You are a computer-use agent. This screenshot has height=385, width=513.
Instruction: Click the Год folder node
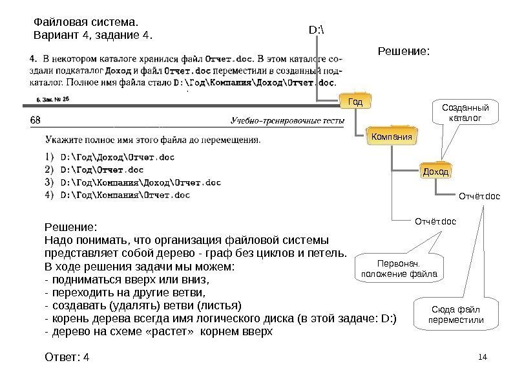click(356, 102)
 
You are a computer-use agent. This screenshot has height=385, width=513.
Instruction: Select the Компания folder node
click(390, 137)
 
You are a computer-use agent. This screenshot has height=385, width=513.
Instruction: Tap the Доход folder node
click(435, 171)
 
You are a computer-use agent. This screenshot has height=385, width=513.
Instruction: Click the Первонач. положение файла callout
click(397, 269)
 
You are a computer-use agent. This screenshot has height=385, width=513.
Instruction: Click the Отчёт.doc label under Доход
click(479, 195)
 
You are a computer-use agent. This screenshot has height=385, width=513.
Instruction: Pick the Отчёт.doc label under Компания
click(435, 222)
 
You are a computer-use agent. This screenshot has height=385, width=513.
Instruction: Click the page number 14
click(481, 357)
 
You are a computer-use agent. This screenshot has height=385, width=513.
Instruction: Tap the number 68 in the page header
click(36, 120)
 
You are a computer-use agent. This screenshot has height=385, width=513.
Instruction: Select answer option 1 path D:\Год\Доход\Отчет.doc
click(117, 156)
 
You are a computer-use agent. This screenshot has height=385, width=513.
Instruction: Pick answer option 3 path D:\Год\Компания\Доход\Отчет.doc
click(140, 182)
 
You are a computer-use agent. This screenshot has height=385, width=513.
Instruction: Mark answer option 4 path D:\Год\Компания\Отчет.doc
click(125, 194)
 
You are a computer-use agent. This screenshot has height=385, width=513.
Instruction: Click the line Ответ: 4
click(67, 357)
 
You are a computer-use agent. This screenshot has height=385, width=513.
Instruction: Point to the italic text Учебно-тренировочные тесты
click(284, 121)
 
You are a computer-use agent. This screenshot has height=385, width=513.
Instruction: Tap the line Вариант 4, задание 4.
click(94, 34)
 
